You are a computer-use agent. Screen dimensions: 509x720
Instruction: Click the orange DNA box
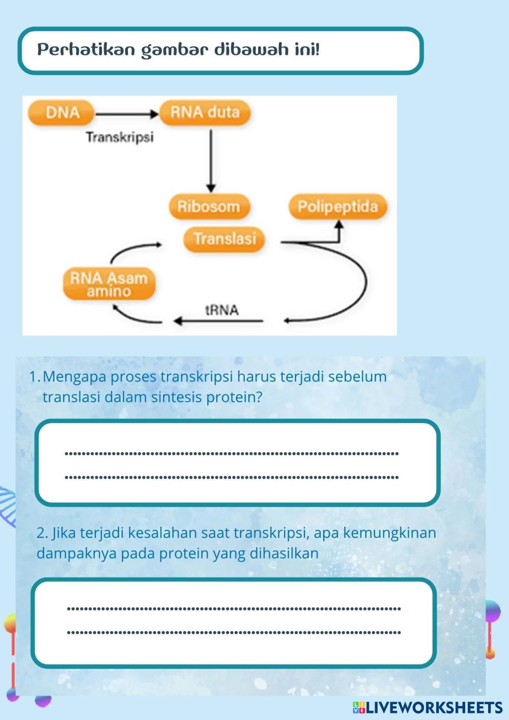[x=62, y=113]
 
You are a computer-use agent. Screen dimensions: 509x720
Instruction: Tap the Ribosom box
[x=209, y=206]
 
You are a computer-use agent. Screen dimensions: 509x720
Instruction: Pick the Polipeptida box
[x=338, y=206]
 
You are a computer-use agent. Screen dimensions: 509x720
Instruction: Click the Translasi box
[x=224, y=239]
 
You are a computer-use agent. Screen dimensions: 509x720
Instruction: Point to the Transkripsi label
[x=120, y=137]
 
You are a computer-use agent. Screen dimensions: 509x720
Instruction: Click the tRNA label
[x=222, y=310]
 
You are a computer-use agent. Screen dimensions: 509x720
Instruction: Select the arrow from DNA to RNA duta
[x=127, y=114]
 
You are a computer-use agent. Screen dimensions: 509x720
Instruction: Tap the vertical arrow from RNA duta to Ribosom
[x=211, y=161]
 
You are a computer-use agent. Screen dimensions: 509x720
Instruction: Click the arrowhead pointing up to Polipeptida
[x=338, y=224]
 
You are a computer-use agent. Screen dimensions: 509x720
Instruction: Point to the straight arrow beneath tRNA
[x=218, y=321]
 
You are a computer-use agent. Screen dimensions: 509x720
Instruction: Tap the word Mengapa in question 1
[x=74, y=377]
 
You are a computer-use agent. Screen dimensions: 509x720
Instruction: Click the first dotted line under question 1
[x=232, y=454]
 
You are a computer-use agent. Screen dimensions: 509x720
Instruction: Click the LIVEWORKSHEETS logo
[x=428, y=707]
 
